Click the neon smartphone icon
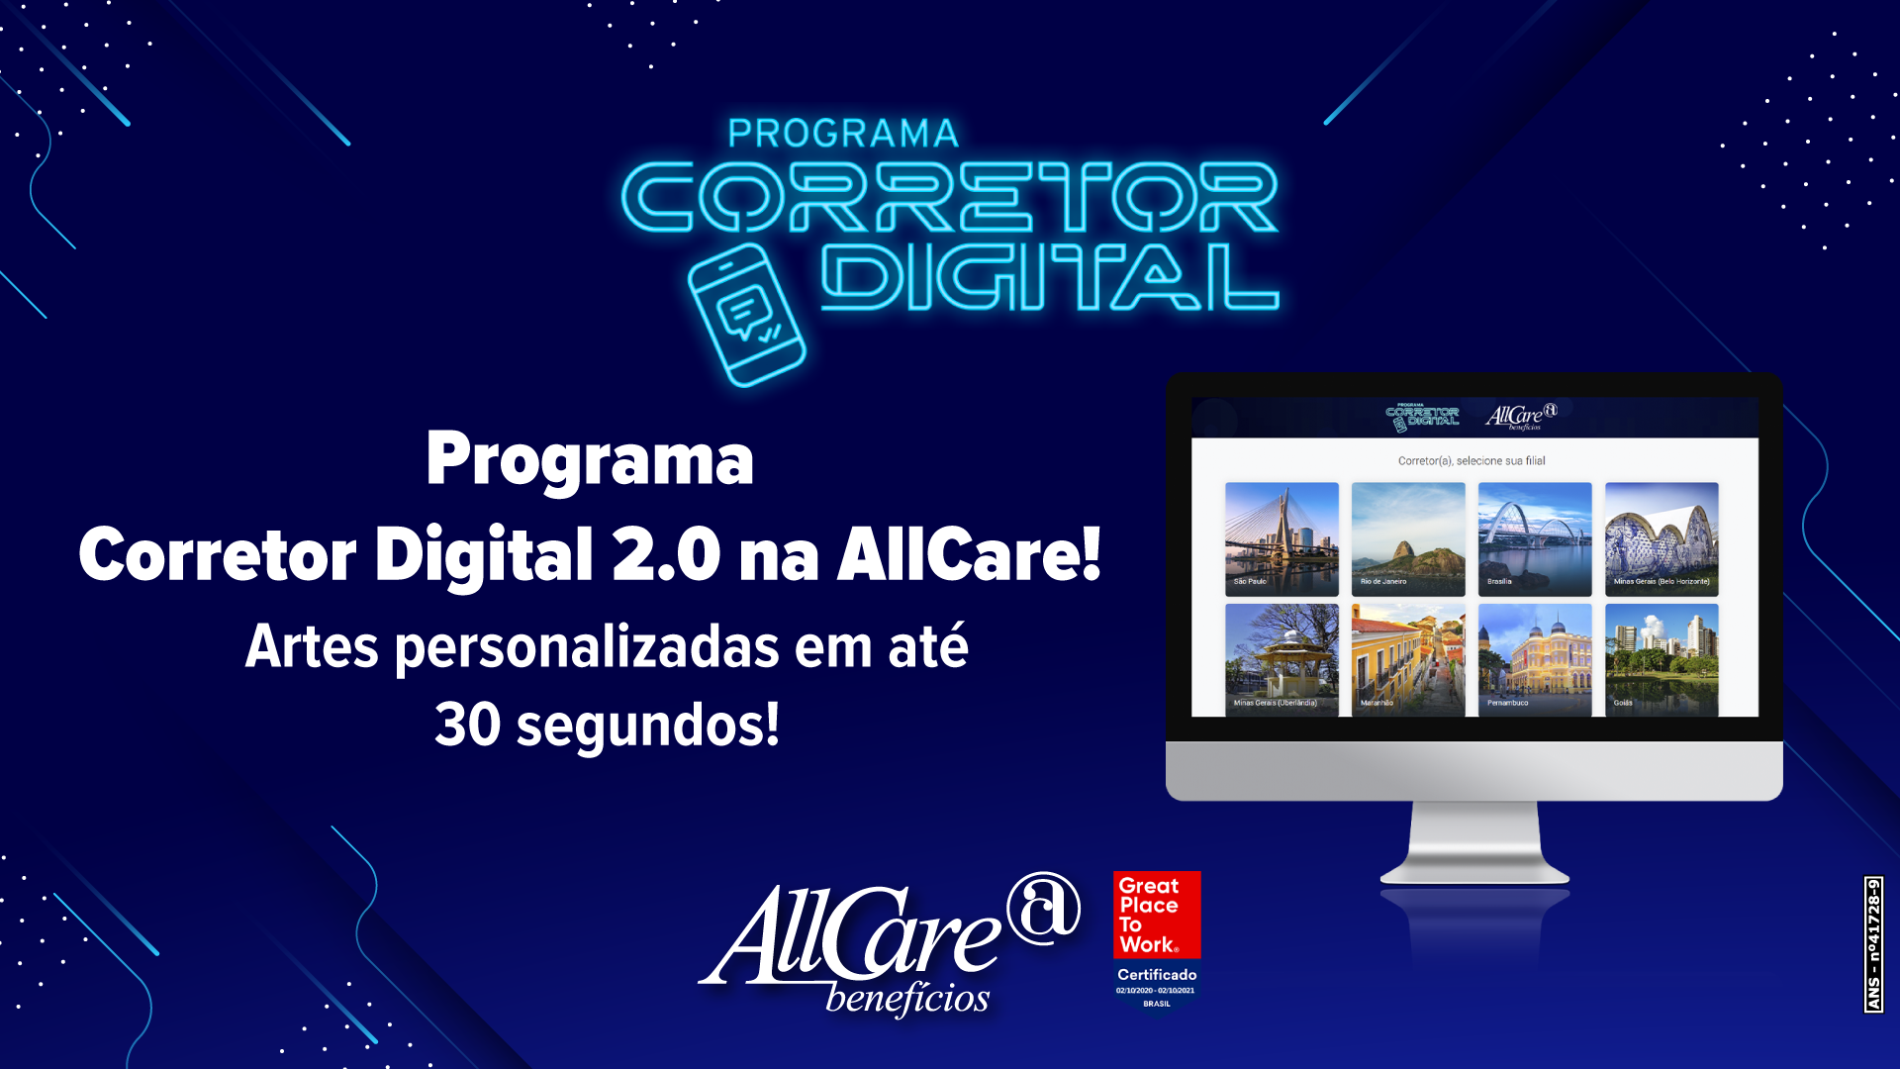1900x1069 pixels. (x=747, y=315)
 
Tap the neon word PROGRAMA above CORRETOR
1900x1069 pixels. (x=843, y=134)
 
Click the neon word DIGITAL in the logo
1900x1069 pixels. (x=1049, y=277)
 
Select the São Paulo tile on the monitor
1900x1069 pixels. (x=1282, y=538)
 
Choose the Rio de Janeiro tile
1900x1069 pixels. (x=1408, y=538)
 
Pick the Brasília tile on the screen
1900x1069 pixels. (x=1535, y=538)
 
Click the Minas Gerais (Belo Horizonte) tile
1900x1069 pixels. (x=1662, y=538)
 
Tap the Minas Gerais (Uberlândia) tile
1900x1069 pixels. (x=1282, y=659)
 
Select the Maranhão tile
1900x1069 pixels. (x=1408, y=659)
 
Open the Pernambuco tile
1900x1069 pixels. (x=1535, y=659)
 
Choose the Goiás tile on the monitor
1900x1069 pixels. (x=1662, y=659)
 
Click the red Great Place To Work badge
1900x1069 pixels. (x=1157, y=915)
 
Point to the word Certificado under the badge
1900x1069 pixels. (x=1157, y=975)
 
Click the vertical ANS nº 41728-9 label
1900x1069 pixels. (x=1873, y=944)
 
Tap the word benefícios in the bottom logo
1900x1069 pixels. (x=907, y=998)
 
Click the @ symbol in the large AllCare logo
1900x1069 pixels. (x=1043, y=907)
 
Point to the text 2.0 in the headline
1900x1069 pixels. (x=666, y=554)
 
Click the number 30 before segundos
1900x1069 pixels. (x=467, y=725)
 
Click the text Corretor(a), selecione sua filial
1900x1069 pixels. (x=1472, y=460)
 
